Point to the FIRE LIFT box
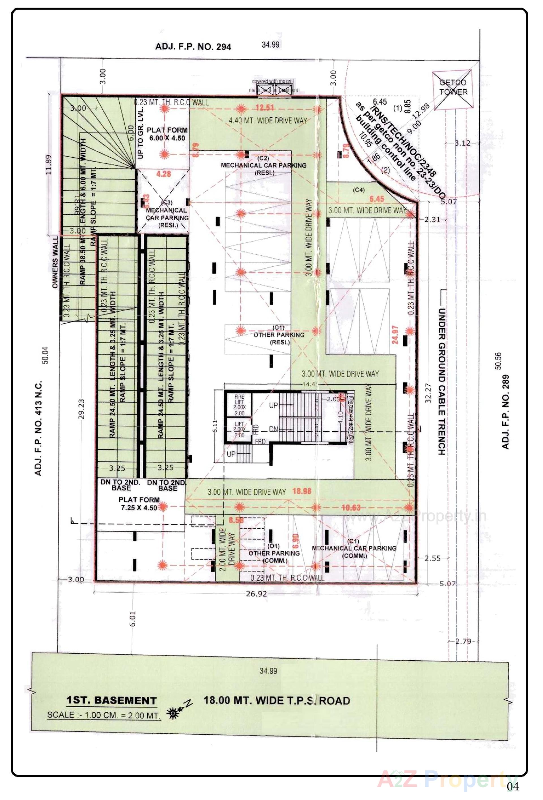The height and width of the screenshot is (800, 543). (x=239, y=404)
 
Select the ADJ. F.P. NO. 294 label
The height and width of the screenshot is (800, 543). (x=193, y=47)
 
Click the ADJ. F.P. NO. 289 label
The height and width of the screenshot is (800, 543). (x=505, y=411)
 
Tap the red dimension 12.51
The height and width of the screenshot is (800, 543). (x=264, y=107)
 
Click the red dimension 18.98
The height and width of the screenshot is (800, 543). (x=302, y=491)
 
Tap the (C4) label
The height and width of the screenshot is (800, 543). (x=358, y=189)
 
